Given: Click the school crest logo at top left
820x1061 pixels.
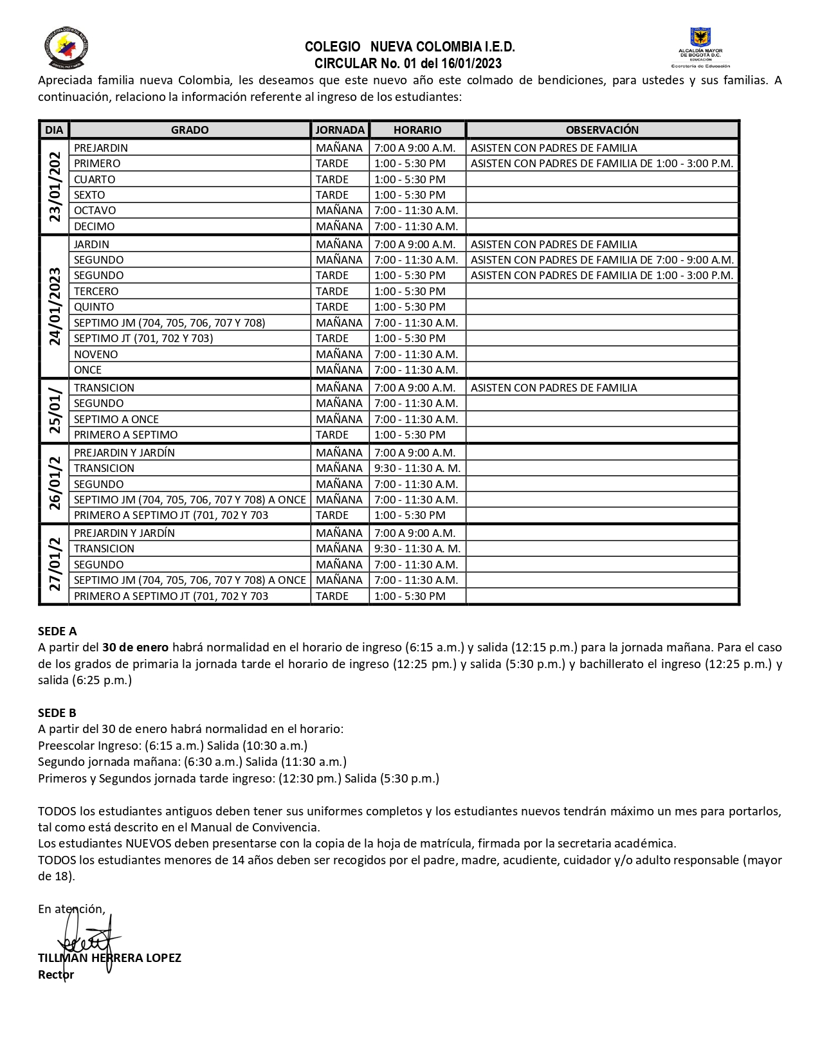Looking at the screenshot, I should pos(66,48).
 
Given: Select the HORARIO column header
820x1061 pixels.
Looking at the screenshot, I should pos(417,130).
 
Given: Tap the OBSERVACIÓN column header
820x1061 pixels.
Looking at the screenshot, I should pos(602,130).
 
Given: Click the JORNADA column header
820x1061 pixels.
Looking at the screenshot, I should pos(340,130).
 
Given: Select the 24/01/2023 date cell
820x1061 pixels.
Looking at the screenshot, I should pos(55,307).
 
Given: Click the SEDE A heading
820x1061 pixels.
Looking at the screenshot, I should pos(57,631).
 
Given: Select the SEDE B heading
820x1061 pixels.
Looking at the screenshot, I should pos(57,712).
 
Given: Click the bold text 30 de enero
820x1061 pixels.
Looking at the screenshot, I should pos(135,647).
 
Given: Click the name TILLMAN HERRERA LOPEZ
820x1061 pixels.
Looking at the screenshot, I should pos(109,957).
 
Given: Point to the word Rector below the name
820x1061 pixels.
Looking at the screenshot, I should pos(56,974).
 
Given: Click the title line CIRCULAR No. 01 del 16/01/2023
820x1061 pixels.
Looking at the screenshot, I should pos(408,64).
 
